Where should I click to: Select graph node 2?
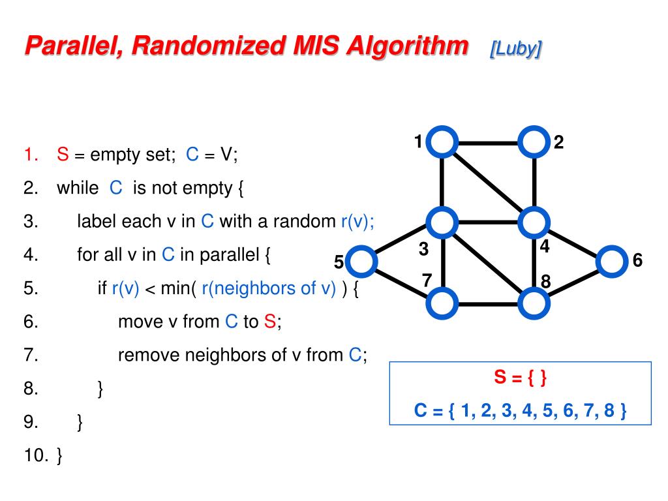click(x=534, y=142)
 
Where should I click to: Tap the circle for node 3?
click(x=442, y=222)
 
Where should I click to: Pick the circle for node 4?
click(x=534, y=222)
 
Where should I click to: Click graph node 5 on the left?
click(x=361, y=262)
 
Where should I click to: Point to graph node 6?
click(x=611, y=262)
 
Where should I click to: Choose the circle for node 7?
click(x=442, y=303)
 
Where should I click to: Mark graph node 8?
click(x=534, y=303)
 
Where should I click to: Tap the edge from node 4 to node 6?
click(x=573, y=243)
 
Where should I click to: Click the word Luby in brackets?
click(x=515, y=49)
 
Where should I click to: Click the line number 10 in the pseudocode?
click(x=33, y=455)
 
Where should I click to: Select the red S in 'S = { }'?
click(x=499, y=378)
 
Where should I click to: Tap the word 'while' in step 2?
click(x=78, y=189)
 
